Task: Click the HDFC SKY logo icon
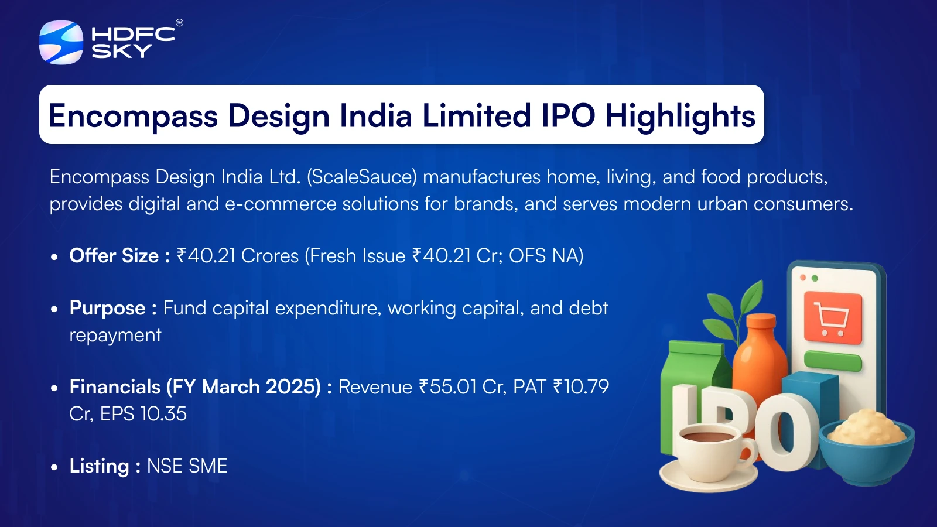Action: [61, 42]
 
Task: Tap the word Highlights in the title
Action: [680, 116]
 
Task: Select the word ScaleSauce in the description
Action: [362, 177]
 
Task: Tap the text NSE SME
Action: [187, 466]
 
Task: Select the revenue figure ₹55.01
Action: [447, 387]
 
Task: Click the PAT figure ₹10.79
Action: [581, 387]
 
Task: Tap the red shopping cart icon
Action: [833, 318]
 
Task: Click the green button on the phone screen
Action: [833, 361]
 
